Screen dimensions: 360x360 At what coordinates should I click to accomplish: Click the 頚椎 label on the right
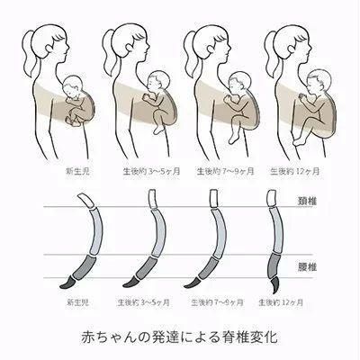coord(307,202)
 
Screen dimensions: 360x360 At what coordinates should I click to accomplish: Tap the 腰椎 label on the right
coord(307,266)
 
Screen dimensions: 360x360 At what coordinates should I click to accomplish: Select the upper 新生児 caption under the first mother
coord(78,172)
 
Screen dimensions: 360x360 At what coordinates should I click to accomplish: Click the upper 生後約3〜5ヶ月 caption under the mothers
coord(151,172)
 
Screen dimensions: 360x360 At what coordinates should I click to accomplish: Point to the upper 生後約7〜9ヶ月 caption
coord(225,172)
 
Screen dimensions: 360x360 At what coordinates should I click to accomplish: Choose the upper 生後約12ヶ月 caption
coord(295,172)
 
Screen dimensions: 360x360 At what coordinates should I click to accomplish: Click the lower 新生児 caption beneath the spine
coord(78,302)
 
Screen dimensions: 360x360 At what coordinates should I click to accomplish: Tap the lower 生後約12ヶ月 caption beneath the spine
coord(281,302)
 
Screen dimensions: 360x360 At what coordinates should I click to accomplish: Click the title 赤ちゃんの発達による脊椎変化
coord(179,337)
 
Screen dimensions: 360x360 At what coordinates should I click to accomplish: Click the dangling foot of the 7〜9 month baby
coord(233,139)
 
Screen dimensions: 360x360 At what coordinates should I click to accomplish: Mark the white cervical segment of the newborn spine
coord(87,201)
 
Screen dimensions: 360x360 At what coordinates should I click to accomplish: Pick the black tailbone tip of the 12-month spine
coord(275,285)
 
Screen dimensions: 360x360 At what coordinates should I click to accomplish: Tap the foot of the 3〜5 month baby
coord(158,129)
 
